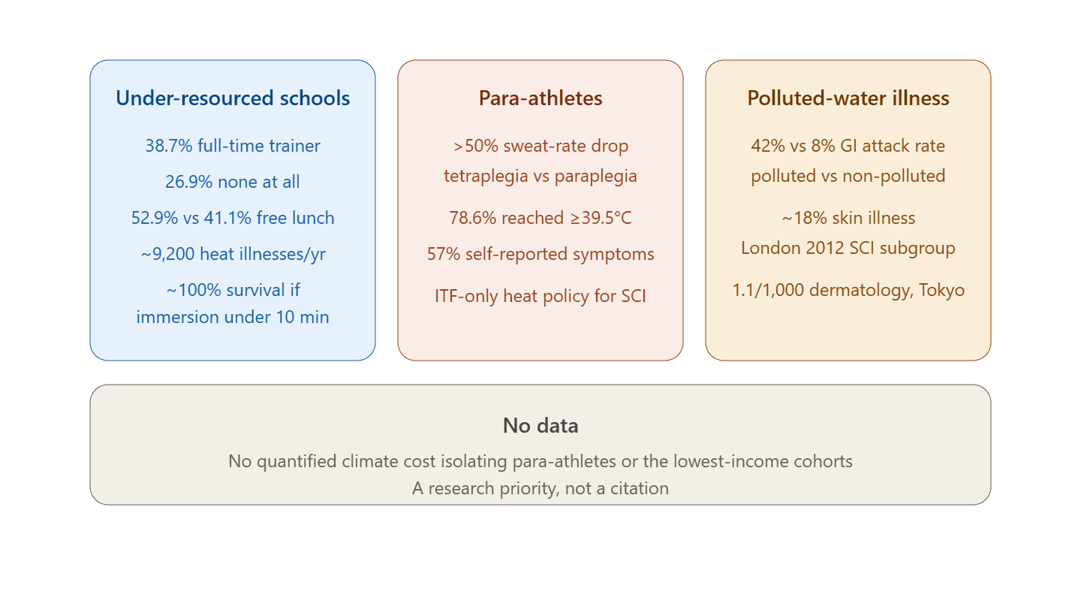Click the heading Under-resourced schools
[233, 98]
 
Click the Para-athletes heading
[540, 98]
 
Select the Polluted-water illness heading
[848, 98]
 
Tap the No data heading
[540, 425]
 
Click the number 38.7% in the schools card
[169, 146]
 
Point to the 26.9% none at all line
[233, 182]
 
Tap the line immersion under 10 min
[233, 317]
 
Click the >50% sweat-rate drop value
[475, 146]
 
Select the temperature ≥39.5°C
[601, 218]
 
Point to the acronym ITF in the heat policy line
[446, 296]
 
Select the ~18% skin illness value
[804, 218]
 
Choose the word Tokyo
[941, 290]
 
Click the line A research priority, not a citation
[540, 488]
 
